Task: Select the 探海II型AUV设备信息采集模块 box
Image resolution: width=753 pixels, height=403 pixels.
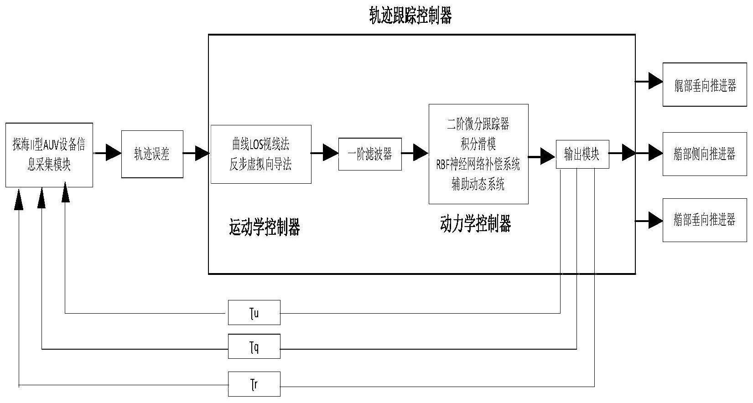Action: click(x=49, y=155)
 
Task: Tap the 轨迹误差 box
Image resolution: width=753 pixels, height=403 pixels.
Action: click(x=152, y=154)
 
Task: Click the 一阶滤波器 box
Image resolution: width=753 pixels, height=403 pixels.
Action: click(x=370, y=154)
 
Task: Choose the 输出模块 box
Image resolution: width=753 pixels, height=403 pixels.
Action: click(x=582, y=154)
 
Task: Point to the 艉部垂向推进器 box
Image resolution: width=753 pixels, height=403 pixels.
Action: click(x=705, y=85)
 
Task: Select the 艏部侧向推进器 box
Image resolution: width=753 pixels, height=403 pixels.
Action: click(x=705, y=154)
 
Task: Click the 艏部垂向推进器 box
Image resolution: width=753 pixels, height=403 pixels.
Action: click(x=705, y=220)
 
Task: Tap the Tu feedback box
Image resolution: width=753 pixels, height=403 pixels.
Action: click(x=254, y=313)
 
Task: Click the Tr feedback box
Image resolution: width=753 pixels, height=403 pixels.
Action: click(x=254, y=384)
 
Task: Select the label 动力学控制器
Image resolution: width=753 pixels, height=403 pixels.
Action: click(x=475, y=224)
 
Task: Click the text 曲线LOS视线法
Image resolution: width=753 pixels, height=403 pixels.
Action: click(x=261, y=145)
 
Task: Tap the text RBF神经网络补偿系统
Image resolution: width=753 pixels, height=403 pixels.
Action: click(x=478, y=165)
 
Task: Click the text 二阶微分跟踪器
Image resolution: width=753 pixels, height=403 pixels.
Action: click(x=478, y=124)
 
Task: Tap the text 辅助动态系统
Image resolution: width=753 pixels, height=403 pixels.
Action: click(x=478, y=185)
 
